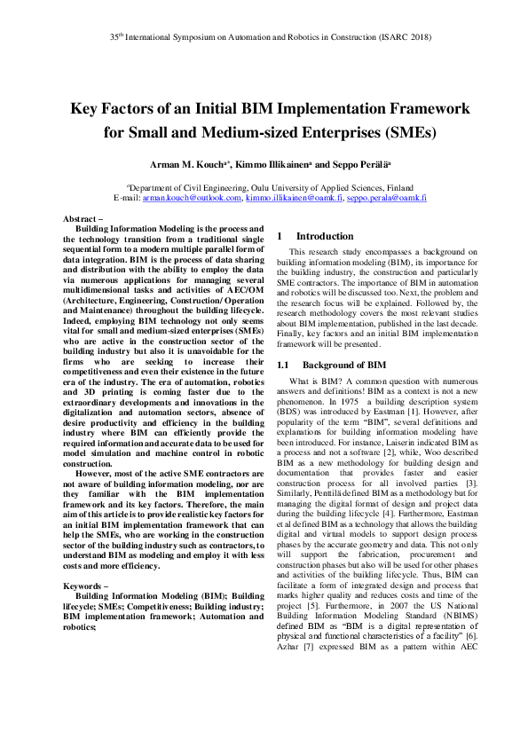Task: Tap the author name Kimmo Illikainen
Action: click(x=282, y=165)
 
